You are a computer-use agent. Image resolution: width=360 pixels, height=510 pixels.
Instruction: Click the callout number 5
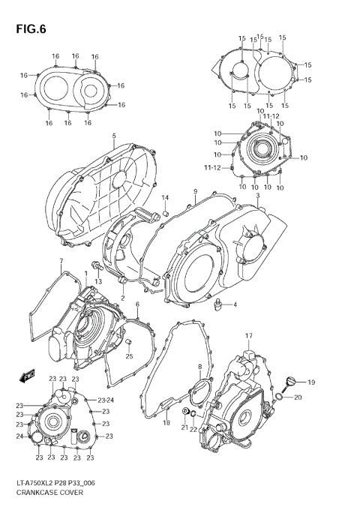click(x=114, y=136)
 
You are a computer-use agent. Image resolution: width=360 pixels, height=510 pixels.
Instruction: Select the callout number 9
click(x=194, y=192)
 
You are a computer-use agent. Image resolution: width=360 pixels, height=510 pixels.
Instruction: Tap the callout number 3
click(x=257, y=196)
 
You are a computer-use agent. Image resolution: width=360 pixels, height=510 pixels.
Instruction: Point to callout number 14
click(x=166, y=198)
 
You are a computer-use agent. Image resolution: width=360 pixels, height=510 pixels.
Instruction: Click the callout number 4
click(x=213, y=304)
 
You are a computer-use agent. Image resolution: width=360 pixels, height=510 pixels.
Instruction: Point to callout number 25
click(x=129, y=355)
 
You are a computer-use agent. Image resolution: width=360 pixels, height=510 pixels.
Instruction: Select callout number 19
click(x=311, y=382)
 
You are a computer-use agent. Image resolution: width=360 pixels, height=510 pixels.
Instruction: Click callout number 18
click(x=166, y=423)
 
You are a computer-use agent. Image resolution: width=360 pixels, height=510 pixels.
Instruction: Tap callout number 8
click(x=199, y=366)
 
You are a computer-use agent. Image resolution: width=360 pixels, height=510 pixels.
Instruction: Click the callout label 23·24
click(x=106, y=400)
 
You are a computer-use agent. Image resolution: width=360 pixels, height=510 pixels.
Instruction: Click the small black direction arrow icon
click(x=29, y=374)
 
